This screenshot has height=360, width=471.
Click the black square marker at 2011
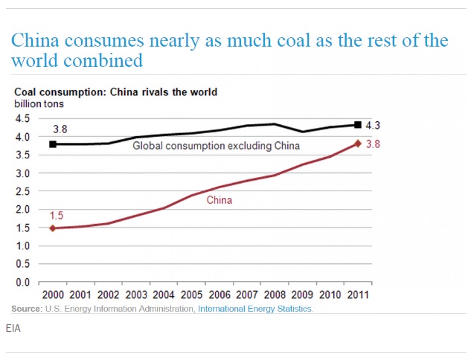coord(358,125)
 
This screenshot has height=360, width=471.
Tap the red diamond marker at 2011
coord(358,144)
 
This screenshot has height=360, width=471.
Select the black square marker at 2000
coord(54,144)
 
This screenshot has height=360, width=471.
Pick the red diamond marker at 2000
coord(54,228)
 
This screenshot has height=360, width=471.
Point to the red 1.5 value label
coord(57,216)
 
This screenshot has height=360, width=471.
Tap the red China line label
coord(219,200)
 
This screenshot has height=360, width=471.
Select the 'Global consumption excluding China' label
coord(216,146)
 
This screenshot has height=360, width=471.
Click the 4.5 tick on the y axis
coord(23,119)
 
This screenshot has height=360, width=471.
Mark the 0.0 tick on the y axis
coord(23,283)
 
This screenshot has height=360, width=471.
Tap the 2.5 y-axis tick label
coord(23,192)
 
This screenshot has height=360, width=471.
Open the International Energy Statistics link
coord(255,309)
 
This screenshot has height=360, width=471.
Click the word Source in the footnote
coord(26,309)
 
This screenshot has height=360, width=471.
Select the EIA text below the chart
coord(13,327)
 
